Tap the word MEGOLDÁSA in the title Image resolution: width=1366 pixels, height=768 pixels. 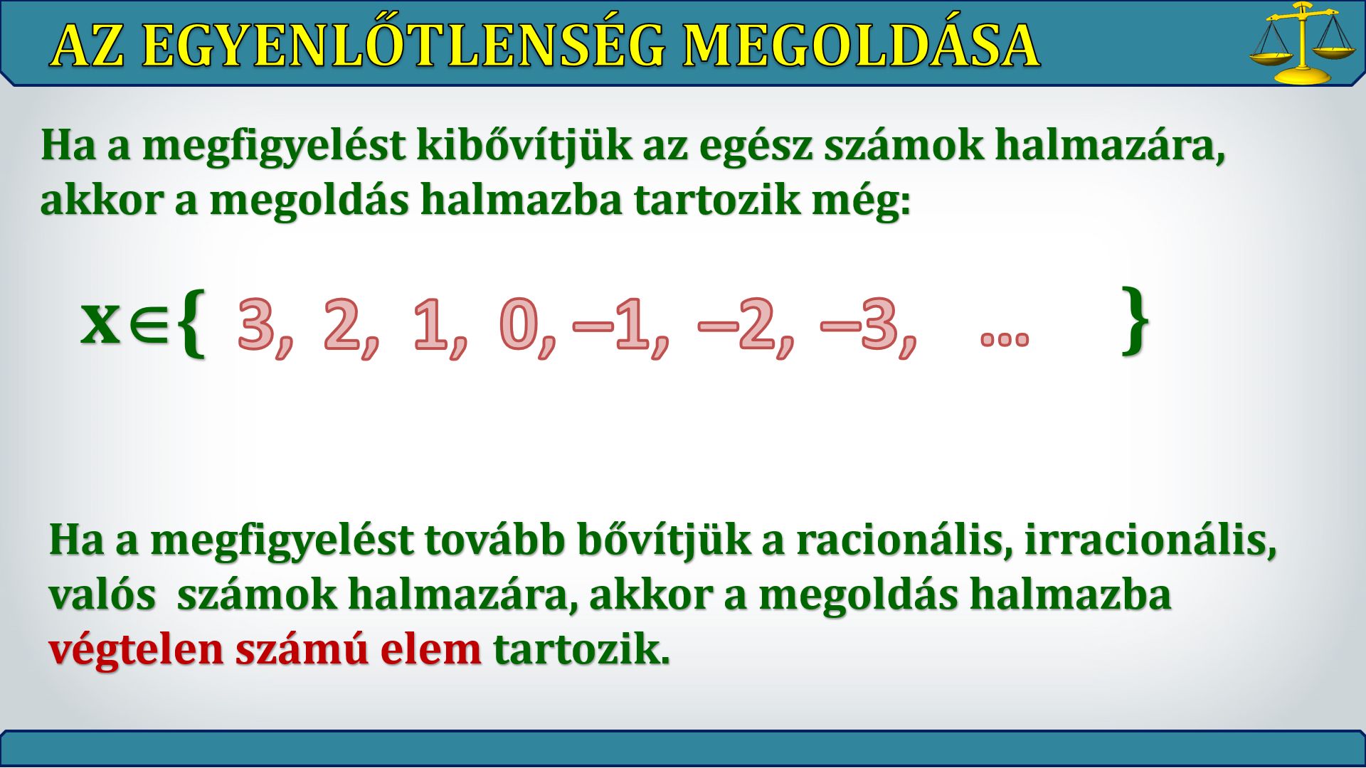click(861, 46)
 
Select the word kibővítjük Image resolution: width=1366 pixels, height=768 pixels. click(524, 146)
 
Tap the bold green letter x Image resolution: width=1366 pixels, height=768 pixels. click(100, 322)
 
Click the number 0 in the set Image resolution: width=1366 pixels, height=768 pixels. click(519, 324)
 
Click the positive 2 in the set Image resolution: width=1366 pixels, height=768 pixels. click(342, 324)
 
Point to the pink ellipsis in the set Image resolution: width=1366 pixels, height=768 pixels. click(1005, 338)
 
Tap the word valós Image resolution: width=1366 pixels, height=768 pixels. click(102, 595)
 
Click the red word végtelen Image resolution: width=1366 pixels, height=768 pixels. click(136, 650)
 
